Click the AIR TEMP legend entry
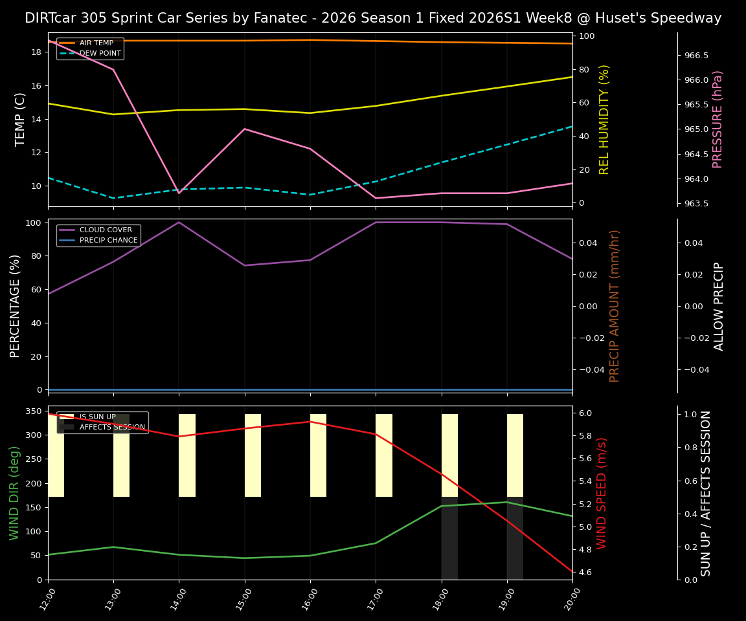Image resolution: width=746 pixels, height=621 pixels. point(96,43)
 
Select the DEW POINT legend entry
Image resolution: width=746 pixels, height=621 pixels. point(100,53)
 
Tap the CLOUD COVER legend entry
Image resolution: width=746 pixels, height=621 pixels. point(106,230)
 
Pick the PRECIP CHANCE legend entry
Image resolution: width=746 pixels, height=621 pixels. point(108,241)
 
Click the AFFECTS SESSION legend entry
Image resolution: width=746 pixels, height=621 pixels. point(112,427)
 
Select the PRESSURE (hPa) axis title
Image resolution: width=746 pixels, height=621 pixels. point(717,119)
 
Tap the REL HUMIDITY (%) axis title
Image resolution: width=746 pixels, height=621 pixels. point(604,119)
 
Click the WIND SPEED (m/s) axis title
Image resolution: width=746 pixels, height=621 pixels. point(602,493)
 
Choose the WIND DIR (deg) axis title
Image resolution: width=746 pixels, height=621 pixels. point(14,493)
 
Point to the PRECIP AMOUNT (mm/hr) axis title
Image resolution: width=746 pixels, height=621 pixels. point(615,305)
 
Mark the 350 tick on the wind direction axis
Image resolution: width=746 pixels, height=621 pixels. point(33,411)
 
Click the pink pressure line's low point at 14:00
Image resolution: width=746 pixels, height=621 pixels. point(179,193)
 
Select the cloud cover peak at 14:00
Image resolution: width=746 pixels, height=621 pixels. point(179,223)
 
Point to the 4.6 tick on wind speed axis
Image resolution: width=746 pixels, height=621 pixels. point(585,572)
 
